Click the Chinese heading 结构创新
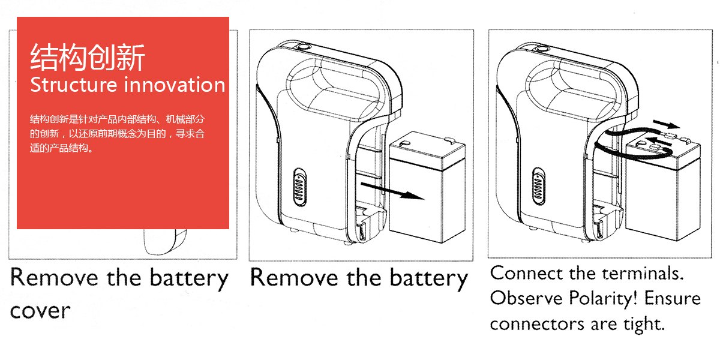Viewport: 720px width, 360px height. click(x=88, y=58)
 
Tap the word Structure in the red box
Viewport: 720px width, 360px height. click(x=73, y=85)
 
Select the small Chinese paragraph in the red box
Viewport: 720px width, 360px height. click(x=118, y=133)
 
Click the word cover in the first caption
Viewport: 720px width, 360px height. click(x=40, y=311)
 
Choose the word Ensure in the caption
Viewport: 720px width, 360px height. click(x=673, y=298)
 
